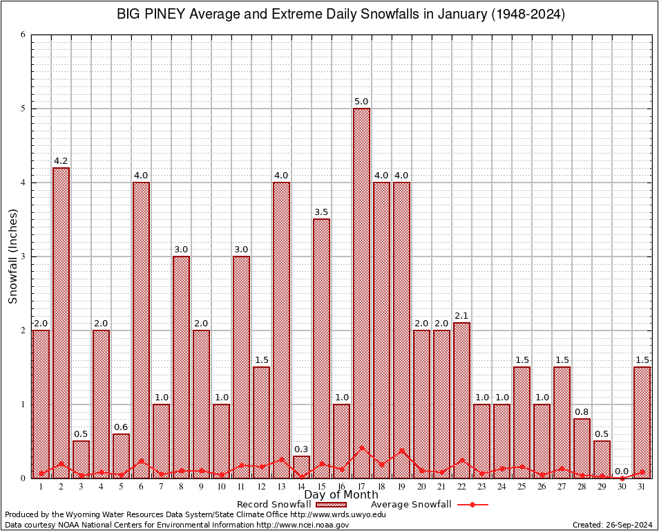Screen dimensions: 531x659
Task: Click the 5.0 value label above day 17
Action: [x=361, y=102]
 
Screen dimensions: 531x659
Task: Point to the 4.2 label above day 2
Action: [x=61, y=161]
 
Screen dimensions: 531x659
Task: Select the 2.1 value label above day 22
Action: [x=461, y=316]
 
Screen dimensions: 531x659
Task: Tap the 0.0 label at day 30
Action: [x=622, y=471]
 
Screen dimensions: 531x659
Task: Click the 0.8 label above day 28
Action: [x=582, y=412]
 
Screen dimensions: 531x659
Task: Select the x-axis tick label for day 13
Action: [x=281, y=487]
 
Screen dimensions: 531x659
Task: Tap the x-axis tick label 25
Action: [x=522, y=487]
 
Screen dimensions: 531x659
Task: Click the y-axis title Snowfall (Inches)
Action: [x=12, y=257]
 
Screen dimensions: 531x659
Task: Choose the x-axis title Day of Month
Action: [x=341, y=495]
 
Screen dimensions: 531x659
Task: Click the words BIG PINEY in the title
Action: [x=155, y=15]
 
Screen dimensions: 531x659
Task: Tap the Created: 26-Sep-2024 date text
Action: [x=612, y=525]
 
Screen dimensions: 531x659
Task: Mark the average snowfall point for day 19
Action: [x=401, y=451]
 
